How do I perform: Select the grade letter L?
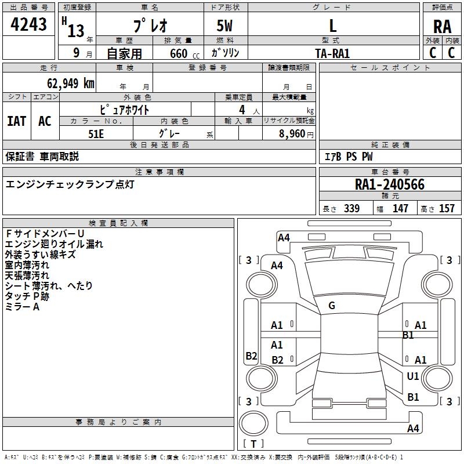[x=332, y=26]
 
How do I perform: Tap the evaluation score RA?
[x=442, y=27]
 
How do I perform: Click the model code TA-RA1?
[x=332, y=53]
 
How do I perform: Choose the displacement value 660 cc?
[x=179, y=53]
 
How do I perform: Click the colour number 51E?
[x=96, y=133]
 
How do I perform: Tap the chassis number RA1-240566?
[x=390, y=185]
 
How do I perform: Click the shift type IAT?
[x=17, y=121]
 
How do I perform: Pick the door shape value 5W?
[x=225, y=26]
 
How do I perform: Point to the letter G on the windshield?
[x=332, y=306]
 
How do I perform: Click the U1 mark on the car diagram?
[x=413, y=376]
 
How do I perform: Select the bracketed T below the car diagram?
[x=253, y=444]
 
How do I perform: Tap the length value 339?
[x=351, y=209]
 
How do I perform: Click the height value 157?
[x=447, y=209]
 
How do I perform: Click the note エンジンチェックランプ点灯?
[x=70, y=184]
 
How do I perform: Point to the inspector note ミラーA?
[x=22, y=307]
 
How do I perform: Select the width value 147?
[x=400, y=209]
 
